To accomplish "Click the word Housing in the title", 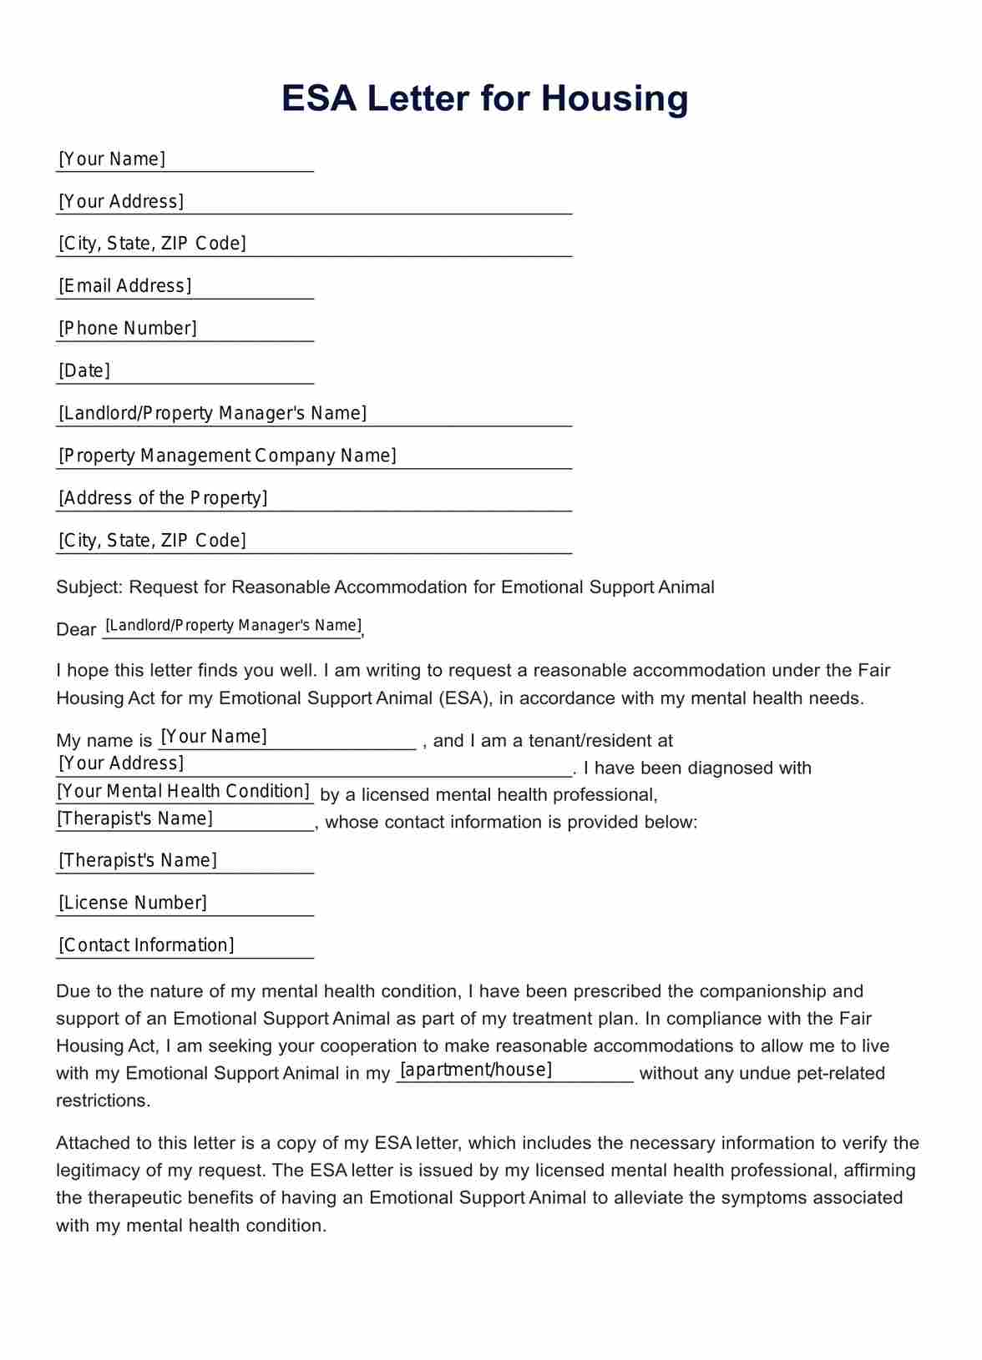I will tap(615, 98).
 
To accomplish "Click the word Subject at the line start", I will tap(89, 587).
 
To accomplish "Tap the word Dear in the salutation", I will tap(76, 630).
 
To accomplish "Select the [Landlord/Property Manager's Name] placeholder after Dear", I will tap(233, 626).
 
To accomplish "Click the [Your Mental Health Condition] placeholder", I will tap(184, 791).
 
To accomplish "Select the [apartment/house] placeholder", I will tap(477, 1070).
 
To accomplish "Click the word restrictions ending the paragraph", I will tap(103, 1101).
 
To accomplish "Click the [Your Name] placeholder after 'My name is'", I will tap(214, 737).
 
